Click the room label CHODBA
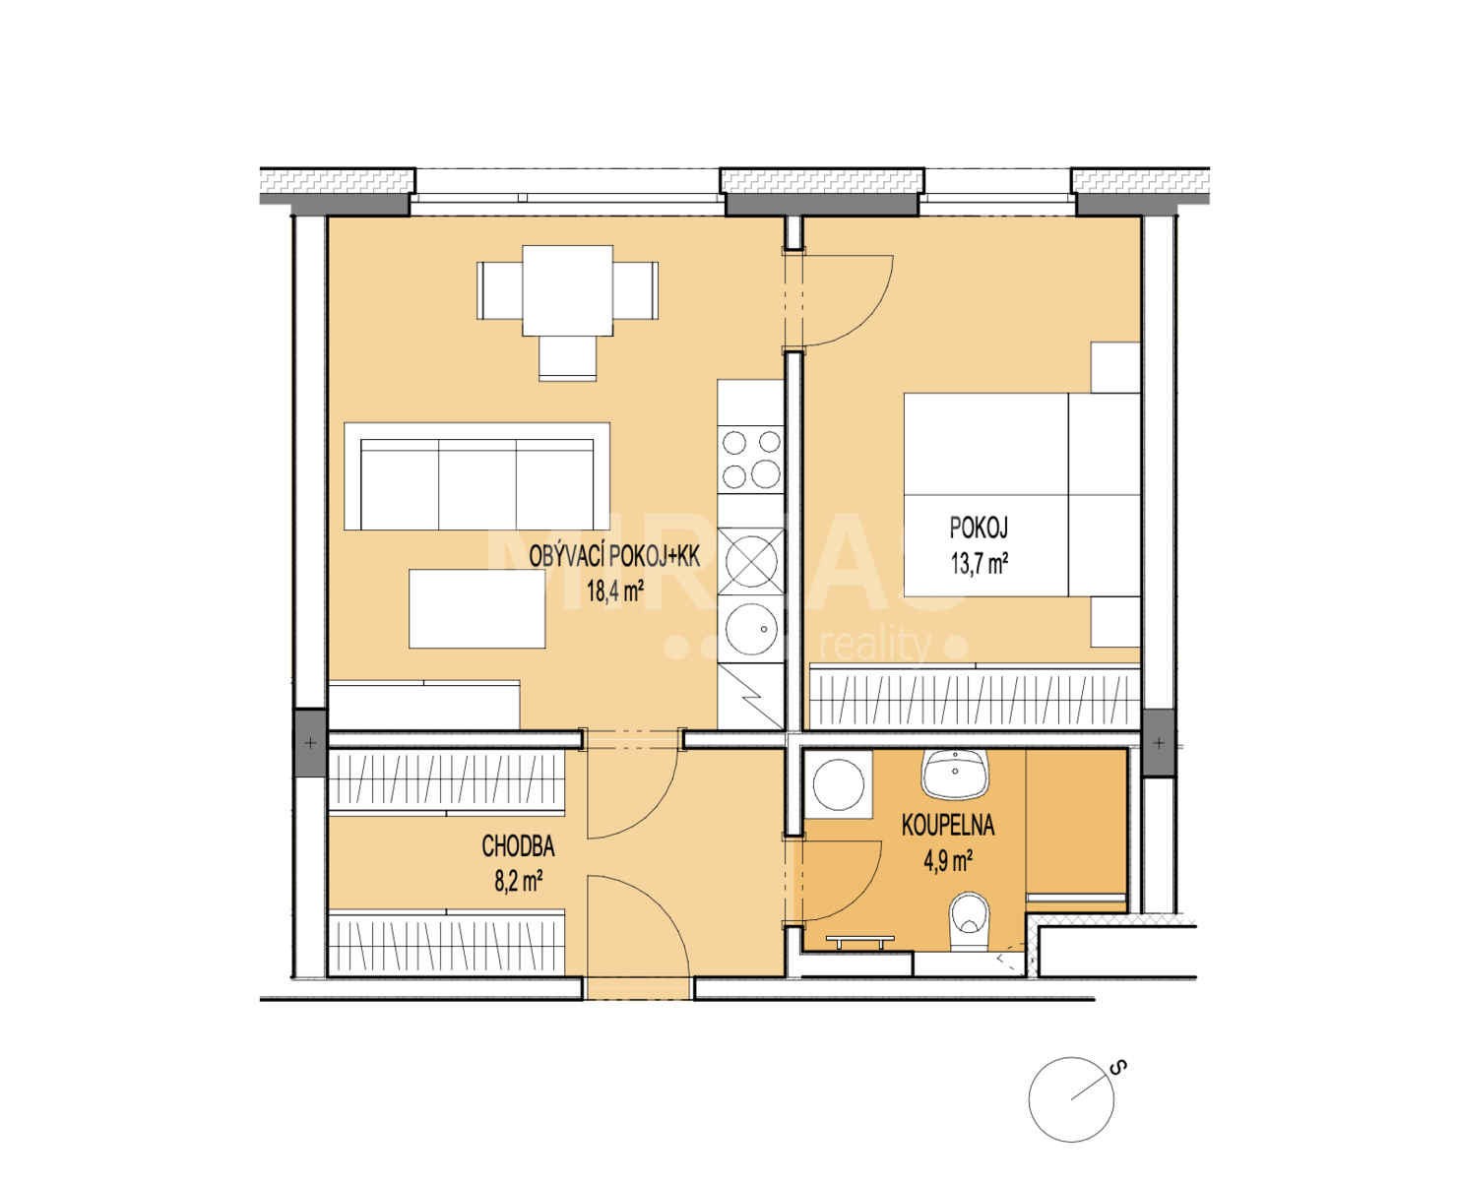point(518,846)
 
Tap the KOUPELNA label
point(947,825)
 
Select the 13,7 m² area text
point(979,564)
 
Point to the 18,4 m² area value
point(614,590)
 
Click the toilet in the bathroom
point(970,921)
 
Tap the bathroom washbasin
point(955,775)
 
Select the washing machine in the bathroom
point(838,784)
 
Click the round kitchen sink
point(751,628)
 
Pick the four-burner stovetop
point(751,459)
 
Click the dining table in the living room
point(567,290)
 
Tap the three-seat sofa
point(476,476)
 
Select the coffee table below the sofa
point(477,608)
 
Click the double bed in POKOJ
point(1021,494)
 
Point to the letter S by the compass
point(1117,1068)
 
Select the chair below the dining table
point(567,358)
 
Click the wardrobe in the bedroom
point(975,696)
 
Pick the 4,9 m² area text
point(947,861)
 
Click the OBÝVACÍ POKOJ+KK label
point(614,556)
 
